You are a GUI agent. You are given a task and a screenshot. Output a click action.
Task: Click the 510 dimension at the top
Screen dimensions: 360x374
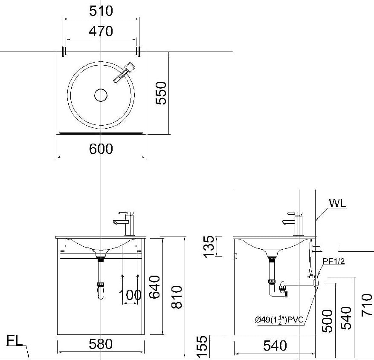[101, 11]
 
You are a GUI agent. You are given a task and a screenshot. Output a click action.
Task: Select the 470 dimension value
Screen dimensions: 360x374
[101, 31]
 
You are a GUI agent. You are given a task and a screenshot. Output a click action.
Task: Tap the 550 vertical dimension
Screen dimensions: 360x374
[161, 93]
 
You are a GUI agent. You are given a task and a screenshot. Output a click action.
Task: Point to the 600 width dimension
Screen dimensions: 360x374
[101, 149]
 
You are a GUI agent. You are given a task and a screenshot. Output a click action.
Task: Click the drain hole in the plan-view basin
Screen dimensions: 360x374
[100, 95]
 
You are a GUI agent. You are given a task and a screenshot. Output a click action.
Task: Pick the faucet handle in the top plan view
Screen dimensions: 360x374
[124, 72]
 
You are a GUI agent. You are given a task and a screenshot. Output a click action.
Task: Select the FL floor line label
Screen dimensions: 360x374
[14, 341]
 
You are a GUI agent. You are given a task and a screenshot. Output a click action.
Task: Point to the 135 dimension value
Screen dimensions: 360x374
[209, 246]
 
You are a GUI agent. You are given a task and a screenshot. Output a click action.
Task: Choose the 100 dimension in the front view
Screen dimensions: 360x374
[130, 294]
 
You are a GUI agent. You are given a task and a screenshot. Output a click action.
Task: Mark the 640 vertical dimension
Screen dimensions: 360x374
[154, 287]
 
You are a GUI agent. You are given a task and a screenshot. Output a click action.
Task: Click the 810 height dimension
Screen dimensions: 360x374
[176, 297]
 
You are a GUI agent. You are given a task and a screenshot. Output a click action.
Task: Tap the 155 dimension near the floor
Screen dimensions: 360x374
[203, 346]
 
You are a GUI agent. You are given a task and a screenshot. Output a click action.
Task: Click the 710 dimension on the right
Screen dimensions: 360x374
[366, 305]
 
